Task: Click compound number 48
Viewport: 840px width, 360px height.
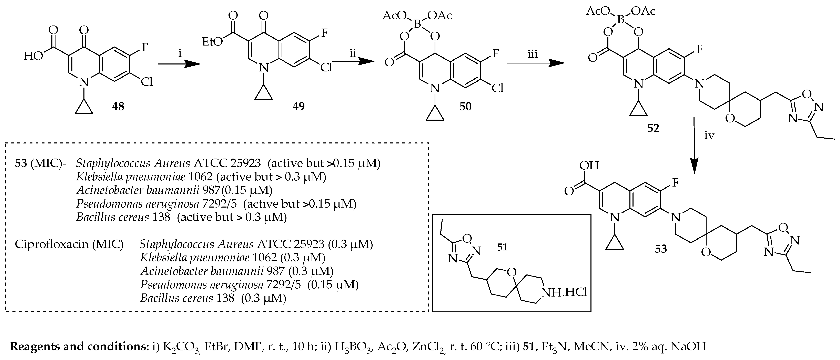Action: click(x=118, y=106)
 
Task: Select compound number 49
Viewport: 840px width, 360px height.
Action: click(x=299, y=106)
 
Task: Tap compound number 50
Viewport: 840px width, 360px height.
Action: click(x=465, y=106)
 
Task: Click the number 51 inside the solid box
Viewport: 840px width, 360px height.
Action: click(x=502, y=247)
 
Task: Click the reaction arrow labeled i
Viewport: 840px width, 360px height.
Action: click(x=179, y=64)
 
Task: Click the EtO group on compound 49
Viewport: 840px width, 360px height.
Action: click(x=213, y=42)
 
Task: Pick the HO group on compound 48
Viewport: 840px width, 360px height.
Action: click(x=33, y=56)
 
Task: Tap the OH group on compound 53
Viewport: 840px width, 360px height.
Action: click(x=589, y=166)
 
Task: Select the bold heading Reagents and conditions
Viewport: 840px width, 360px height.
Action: click(x=79, y=346)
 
